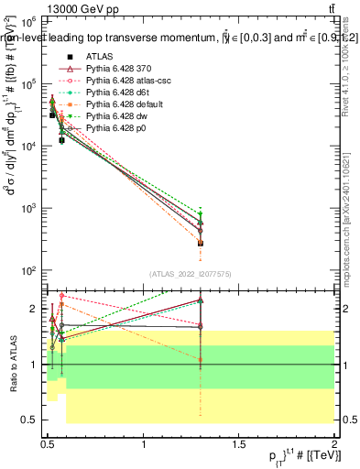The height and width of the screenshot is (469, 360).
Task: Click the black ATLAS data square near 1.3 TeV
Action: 201,243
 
